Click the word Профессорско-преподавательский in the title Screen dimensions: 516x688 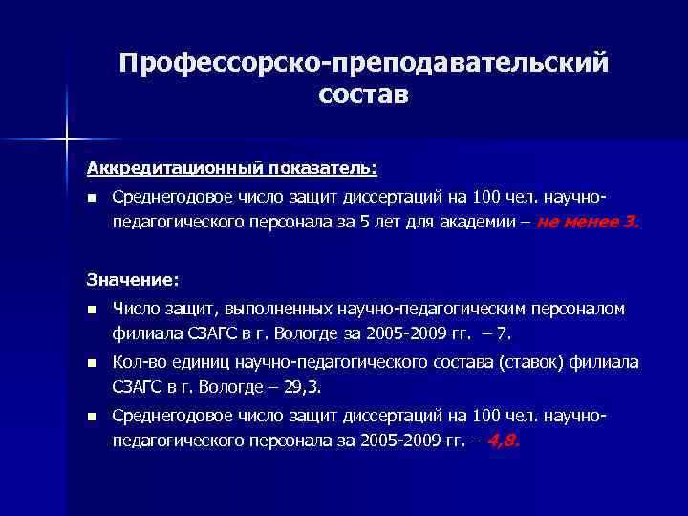363,63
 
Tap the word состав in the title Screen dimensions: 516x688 363,95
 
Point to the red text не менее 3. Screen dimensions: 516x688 590,223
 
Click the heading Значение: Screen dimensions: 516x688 132,280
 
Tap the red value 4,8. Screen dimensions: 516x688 503,442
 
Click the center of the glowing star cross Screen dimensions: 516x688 68,140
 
